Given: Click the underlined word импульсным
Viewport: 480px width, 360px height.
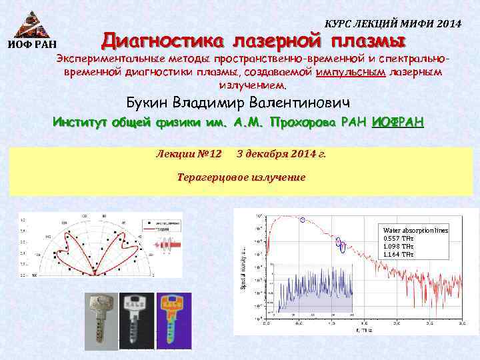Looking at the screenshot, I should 351,72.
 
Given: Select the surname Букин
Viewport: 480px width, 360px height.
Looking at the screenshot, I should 148,103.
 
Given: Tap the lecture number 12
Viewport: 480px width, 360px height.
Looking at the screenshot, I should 214,154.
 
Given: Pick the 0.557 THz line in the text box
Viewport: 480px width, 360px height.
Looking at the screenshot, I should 398,238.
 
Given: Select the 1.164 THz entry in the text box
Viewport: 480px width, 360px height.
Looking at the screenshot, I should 398,254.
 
